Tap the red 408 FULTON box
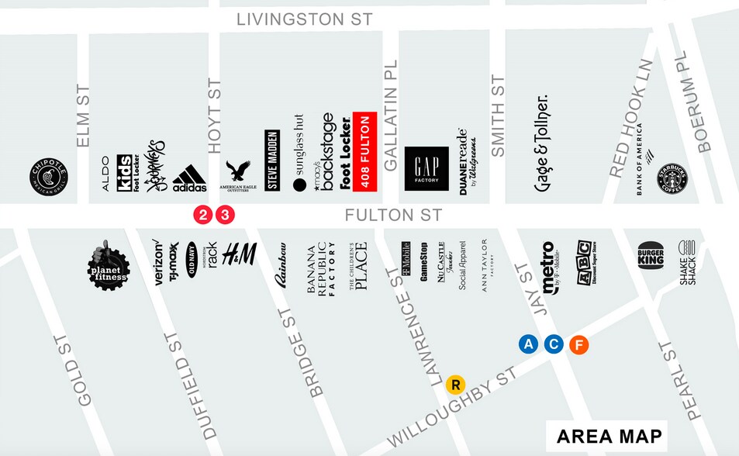pos(364,152)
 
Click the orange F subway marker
pos(578,345)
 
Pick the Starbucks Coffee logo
pos(672,178)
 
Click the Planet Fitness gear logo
pos(108,267)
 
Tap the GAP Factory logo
pos(426,168)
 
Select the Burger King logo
pos(651,254)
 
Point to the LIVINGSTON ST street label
pos(305,19)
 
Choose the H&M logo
pos(239,254)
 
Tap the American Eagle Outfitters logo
pos(238,175)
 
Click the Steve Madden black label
pos(272,161)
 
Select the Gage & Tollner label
pos(542,145)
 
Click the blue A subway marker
pos(529,345)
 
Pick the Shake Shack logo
pos(688,262)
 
